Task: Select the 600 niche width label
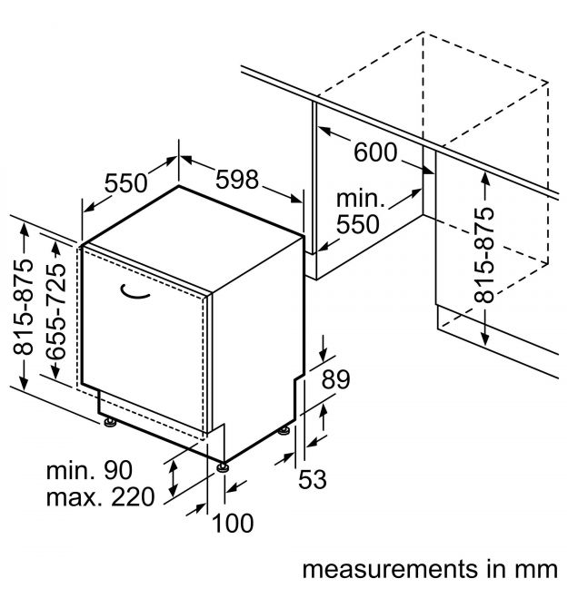(375, 152)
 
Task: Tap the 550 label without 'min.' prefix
(125, 183)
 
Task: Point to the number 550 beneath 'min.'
(360, 223)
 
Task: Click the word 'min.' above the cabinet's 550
(361, 199)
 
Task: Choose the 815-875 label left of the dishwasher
(25, 306)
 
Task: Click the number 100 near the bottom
(232, 523)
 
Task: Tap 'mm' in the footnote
(536, 570)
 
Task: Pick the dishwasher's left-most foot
(109, 420)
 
